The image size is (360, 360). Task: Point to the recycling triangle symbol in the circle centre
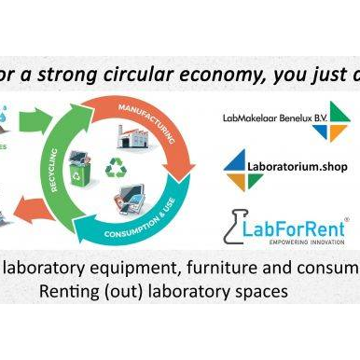[x=118, y=170]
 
